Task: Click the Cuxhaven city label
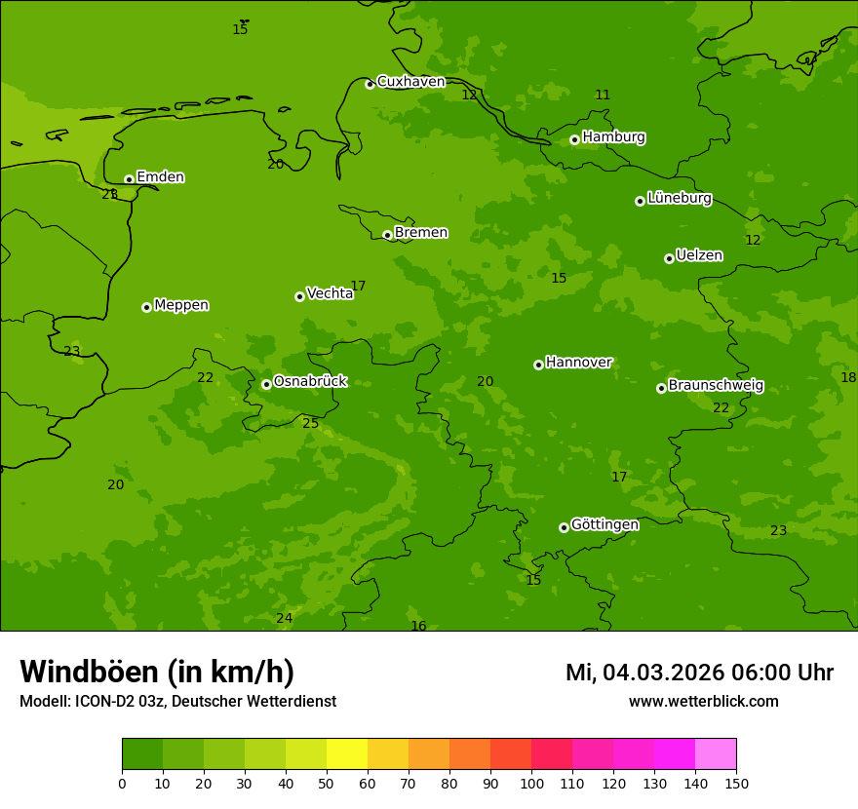tap(410, 82)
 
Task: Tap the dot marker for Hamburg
tap(574, 139)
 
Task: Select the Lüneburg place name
tap(679, 198)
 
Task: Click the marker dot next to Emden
tap(129, 179)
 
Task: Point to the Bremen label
tap(421, 233)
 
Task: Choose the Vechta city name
tap(330, 293)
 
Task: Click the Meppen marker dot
tap(146, 307)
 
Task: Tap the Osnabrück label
tap(310, 382)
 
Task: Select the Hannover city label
tap(578, 363)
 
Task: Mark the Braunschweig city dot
tap(661, 388)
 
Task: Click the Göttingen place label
tap(604, 524)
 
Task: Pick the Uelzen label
tap(699, 255)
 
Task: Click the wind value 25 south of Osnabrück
tap(310, 423)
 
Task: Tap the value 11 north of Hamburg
tap(603, 95)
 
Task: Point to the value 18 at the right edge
tap(848, 377)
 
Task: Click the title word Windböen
tap(89, 672)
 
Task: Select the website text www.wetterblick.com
tap(703, 701)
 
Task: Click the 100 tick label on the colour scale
tap(531, 783)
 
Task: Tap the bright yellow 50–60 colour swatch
tap(347, 754)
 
